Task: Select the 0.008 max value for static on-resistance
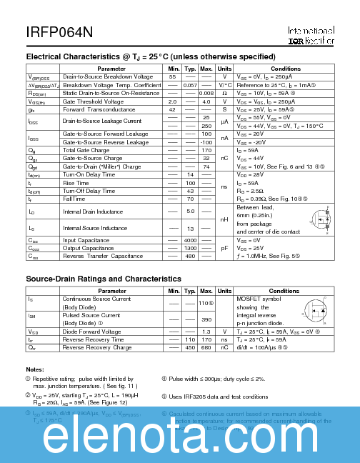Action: (x=206, y=93)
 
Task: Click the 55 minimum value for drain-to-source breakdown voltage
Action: (x=172, y=76)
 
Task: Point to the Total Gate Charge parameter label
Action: (x=86, y=150)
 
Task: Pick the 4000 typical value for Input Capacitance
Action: (x=190, y=239)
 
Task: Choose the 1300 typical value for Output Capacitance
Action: (x=190, y=247)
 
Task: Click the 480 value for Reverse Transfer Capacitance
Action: (x=190, y=256)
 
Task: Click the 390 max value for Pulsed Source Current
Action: (x=206, y=319)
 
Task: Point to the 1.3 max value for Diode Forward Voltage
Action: (x=206, y=332)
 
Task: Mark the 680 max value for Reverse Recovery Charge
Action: (x=206, y=347)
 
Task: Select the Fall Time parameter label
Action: (x=74, y=199)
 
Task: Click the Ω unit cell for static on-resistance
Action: (x=224, y=93)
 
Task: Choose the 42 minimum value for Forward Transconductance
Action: (x=172, y=109)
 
